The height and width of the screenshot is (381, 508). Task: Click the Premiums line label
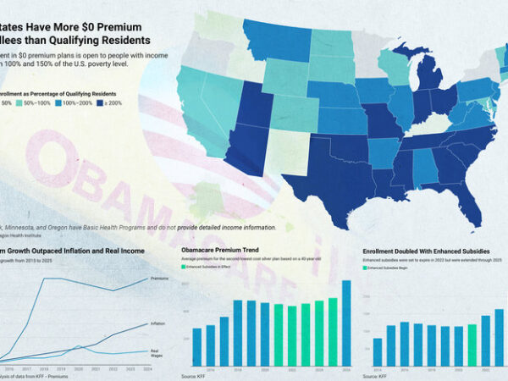pos(159,278)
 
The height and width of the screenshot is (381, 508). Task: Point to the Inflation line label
pos(158,323)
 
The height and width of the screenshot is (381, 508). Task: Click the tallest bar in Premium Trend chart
pos(345,323)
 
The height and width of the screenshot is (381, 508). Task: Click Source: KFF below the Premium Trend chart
pos(196,375)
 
